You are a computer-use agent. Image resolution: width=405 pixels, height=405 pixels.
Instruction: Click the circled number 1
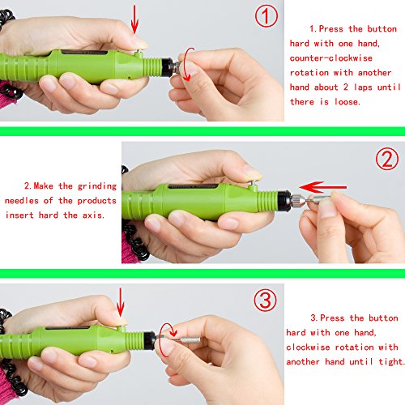tap(266, 16)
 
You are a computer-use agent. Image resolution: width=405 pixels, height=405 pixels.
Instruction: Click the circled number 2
tap(387, 159)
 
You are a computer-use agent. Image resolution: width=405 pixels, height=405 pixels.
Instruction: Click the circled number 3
tap(265, 301)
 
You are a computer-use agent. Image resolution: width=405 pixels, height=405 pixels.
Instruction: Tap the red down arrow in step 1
tap(134, 19)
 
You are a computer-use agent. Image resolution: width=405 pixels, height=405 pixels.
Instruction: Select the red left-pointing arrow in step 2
tap(322, 187)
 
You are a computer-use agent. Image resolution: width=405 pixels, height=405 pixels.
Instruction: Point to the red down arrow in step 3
tap(120, 302)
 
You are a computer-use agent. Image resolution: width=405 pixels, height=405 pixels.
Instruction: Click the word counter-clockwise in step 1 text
tap(330, 58)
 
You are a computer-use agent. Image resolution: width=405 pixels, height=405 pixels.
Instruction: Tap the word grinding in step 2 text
tap(97, 186)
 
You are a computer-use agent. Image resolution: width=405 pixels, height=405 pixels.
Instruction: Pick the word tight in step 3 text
tap(390, 361)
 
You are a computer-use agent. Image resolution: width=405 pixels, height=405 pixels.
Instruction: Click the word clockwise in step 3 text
tap(308, 347)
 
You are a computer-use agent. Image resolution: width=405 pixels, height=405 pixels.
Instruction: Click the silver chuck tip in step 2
tap(299, 200)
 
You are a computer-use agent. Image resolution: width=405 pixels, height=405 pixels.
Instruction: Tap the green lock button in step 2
tap(253, 186)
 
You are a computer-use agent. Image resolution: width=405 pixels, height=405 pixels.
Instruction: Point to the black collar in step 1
tap(168, 66)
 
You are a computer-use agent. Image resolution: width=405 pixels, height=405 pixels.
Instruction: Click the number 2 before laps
tap(346, 87)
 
